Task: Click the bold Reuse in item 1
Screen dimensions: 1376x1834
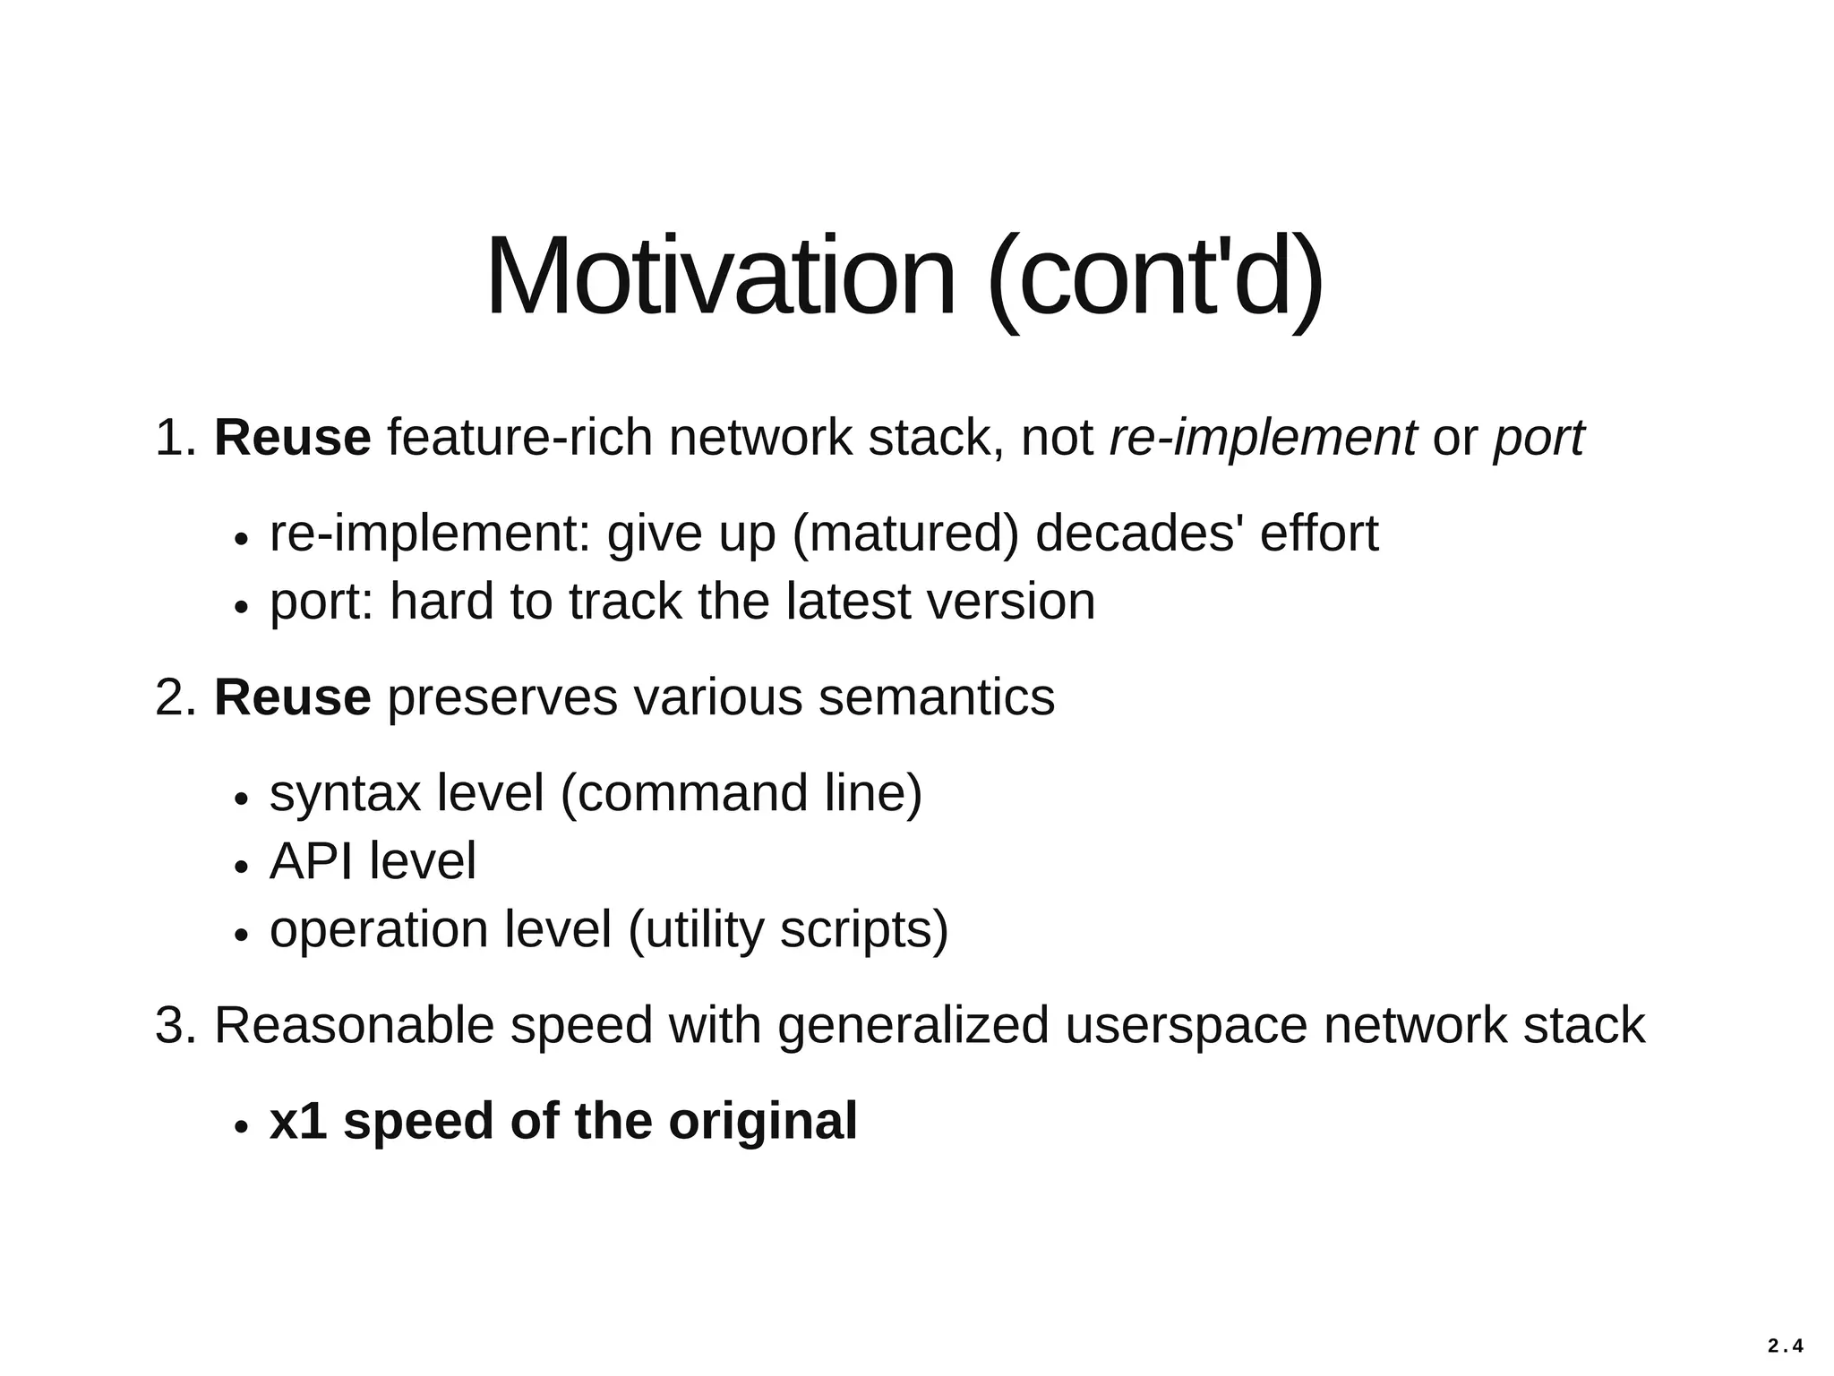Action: [292, 438]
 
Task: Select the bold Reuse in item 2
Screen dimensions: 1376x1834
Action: [292, 697]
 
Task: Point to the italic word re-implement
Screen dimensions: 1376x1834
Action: [1263, 438]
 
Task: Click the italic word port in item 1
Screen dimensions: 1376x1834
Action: [1538, 438]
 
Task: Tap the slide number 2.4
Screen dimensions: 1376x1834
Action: [1786, 1346]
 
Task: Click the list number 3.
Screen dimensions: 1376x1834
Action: [174, 1025]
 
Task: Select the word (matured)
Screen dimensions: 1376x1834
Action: [905, 534]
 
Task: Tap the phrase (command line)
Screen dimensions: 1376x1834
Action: [741, 793]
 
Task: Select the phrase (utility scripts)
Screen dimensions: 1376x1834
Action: [788, 929]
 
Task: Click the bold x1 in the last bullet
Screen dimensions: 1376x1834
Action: [297, 1121]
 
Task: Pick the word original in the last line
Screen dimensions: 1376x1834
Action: [762, 1121]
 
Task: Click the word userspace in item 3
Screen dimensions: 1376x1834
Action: [1186, 1025]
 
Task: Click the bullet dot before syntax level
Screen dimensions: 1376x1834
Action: [240, 799]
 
